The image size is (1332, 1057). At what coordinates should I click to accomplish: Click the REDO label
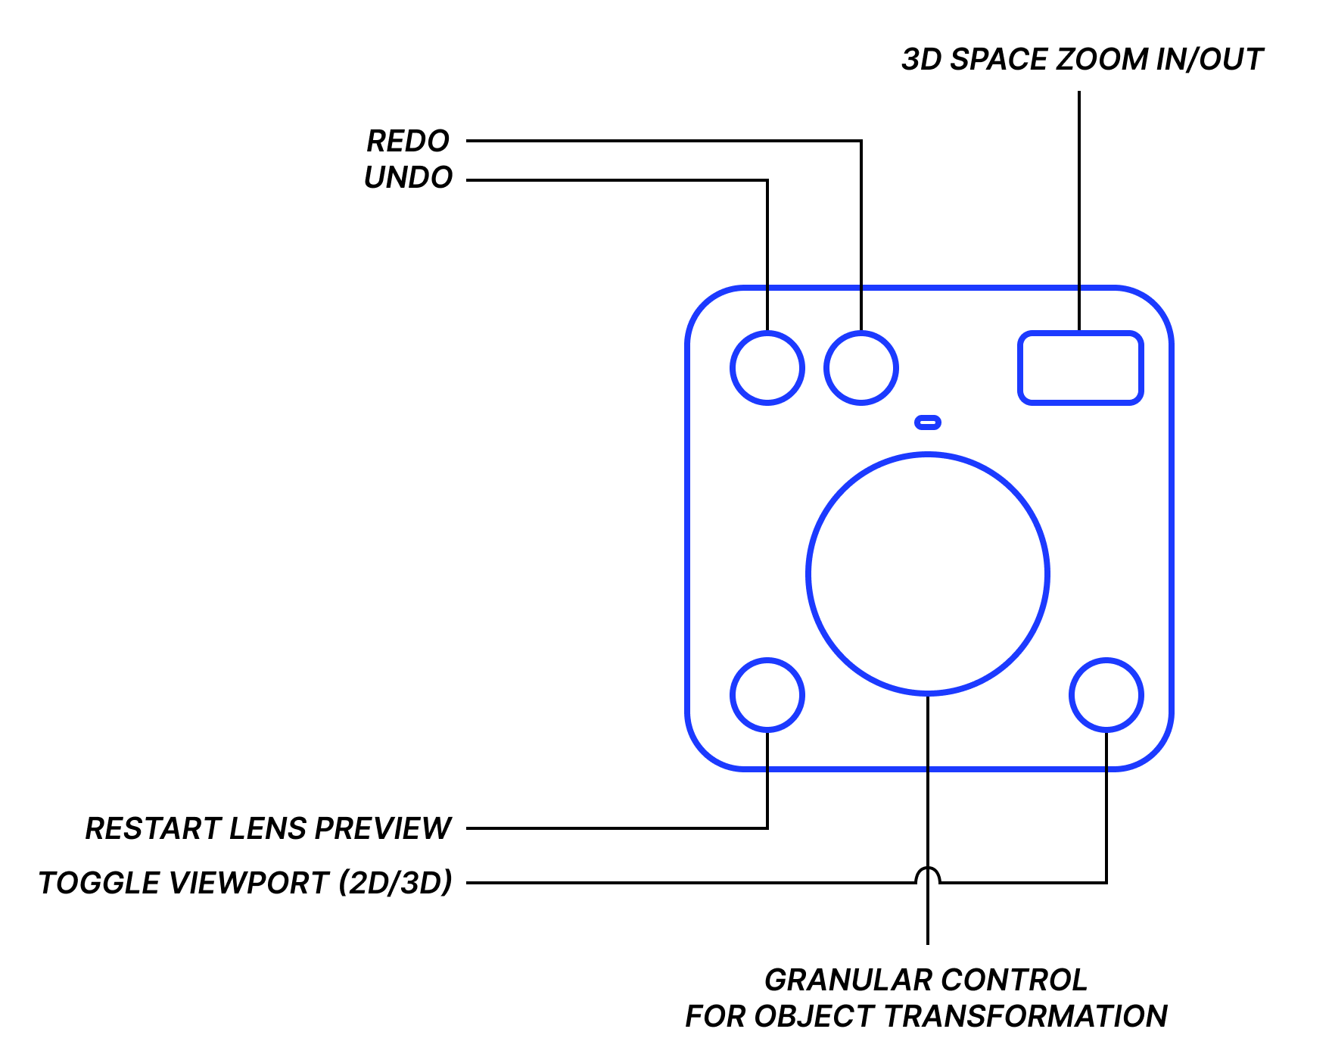click(x=408, y=141)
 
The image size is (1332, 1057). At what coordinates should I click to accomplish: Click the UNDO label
click(x=408, y=177)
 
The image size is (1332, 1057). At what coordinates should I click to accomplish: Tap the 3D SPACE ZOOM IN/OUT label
click(x=1082, y=59)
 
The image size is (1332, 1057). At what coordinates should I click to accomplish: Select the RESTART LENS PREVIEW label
click(x=268, y=828)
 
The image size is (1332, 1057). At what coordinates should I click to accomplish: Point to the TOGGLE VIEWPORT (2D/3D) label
click(x=245, y=883)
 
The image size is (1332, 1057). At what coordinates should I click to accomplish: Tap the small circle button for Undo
click(x=767, y=368)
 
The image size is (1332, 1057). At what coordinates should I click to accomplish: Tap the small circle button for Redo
click(x=861, y=368)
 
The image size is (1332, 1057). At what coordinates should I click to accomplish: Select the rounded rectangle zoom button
click(x=1080, y=368)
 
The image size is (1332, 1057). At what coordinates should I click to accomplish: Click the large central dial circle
click(x=928, y=574)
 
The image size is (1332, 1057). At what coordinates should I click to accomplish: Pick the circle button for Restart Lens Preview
click(x=767, y=695)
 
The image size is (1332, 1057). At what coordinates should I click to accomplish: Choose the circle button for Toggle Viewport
click(x=1106, y=695)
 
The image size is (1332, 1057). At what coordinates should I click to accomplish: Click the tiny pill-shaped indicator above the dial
click(x=928, y=422)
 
